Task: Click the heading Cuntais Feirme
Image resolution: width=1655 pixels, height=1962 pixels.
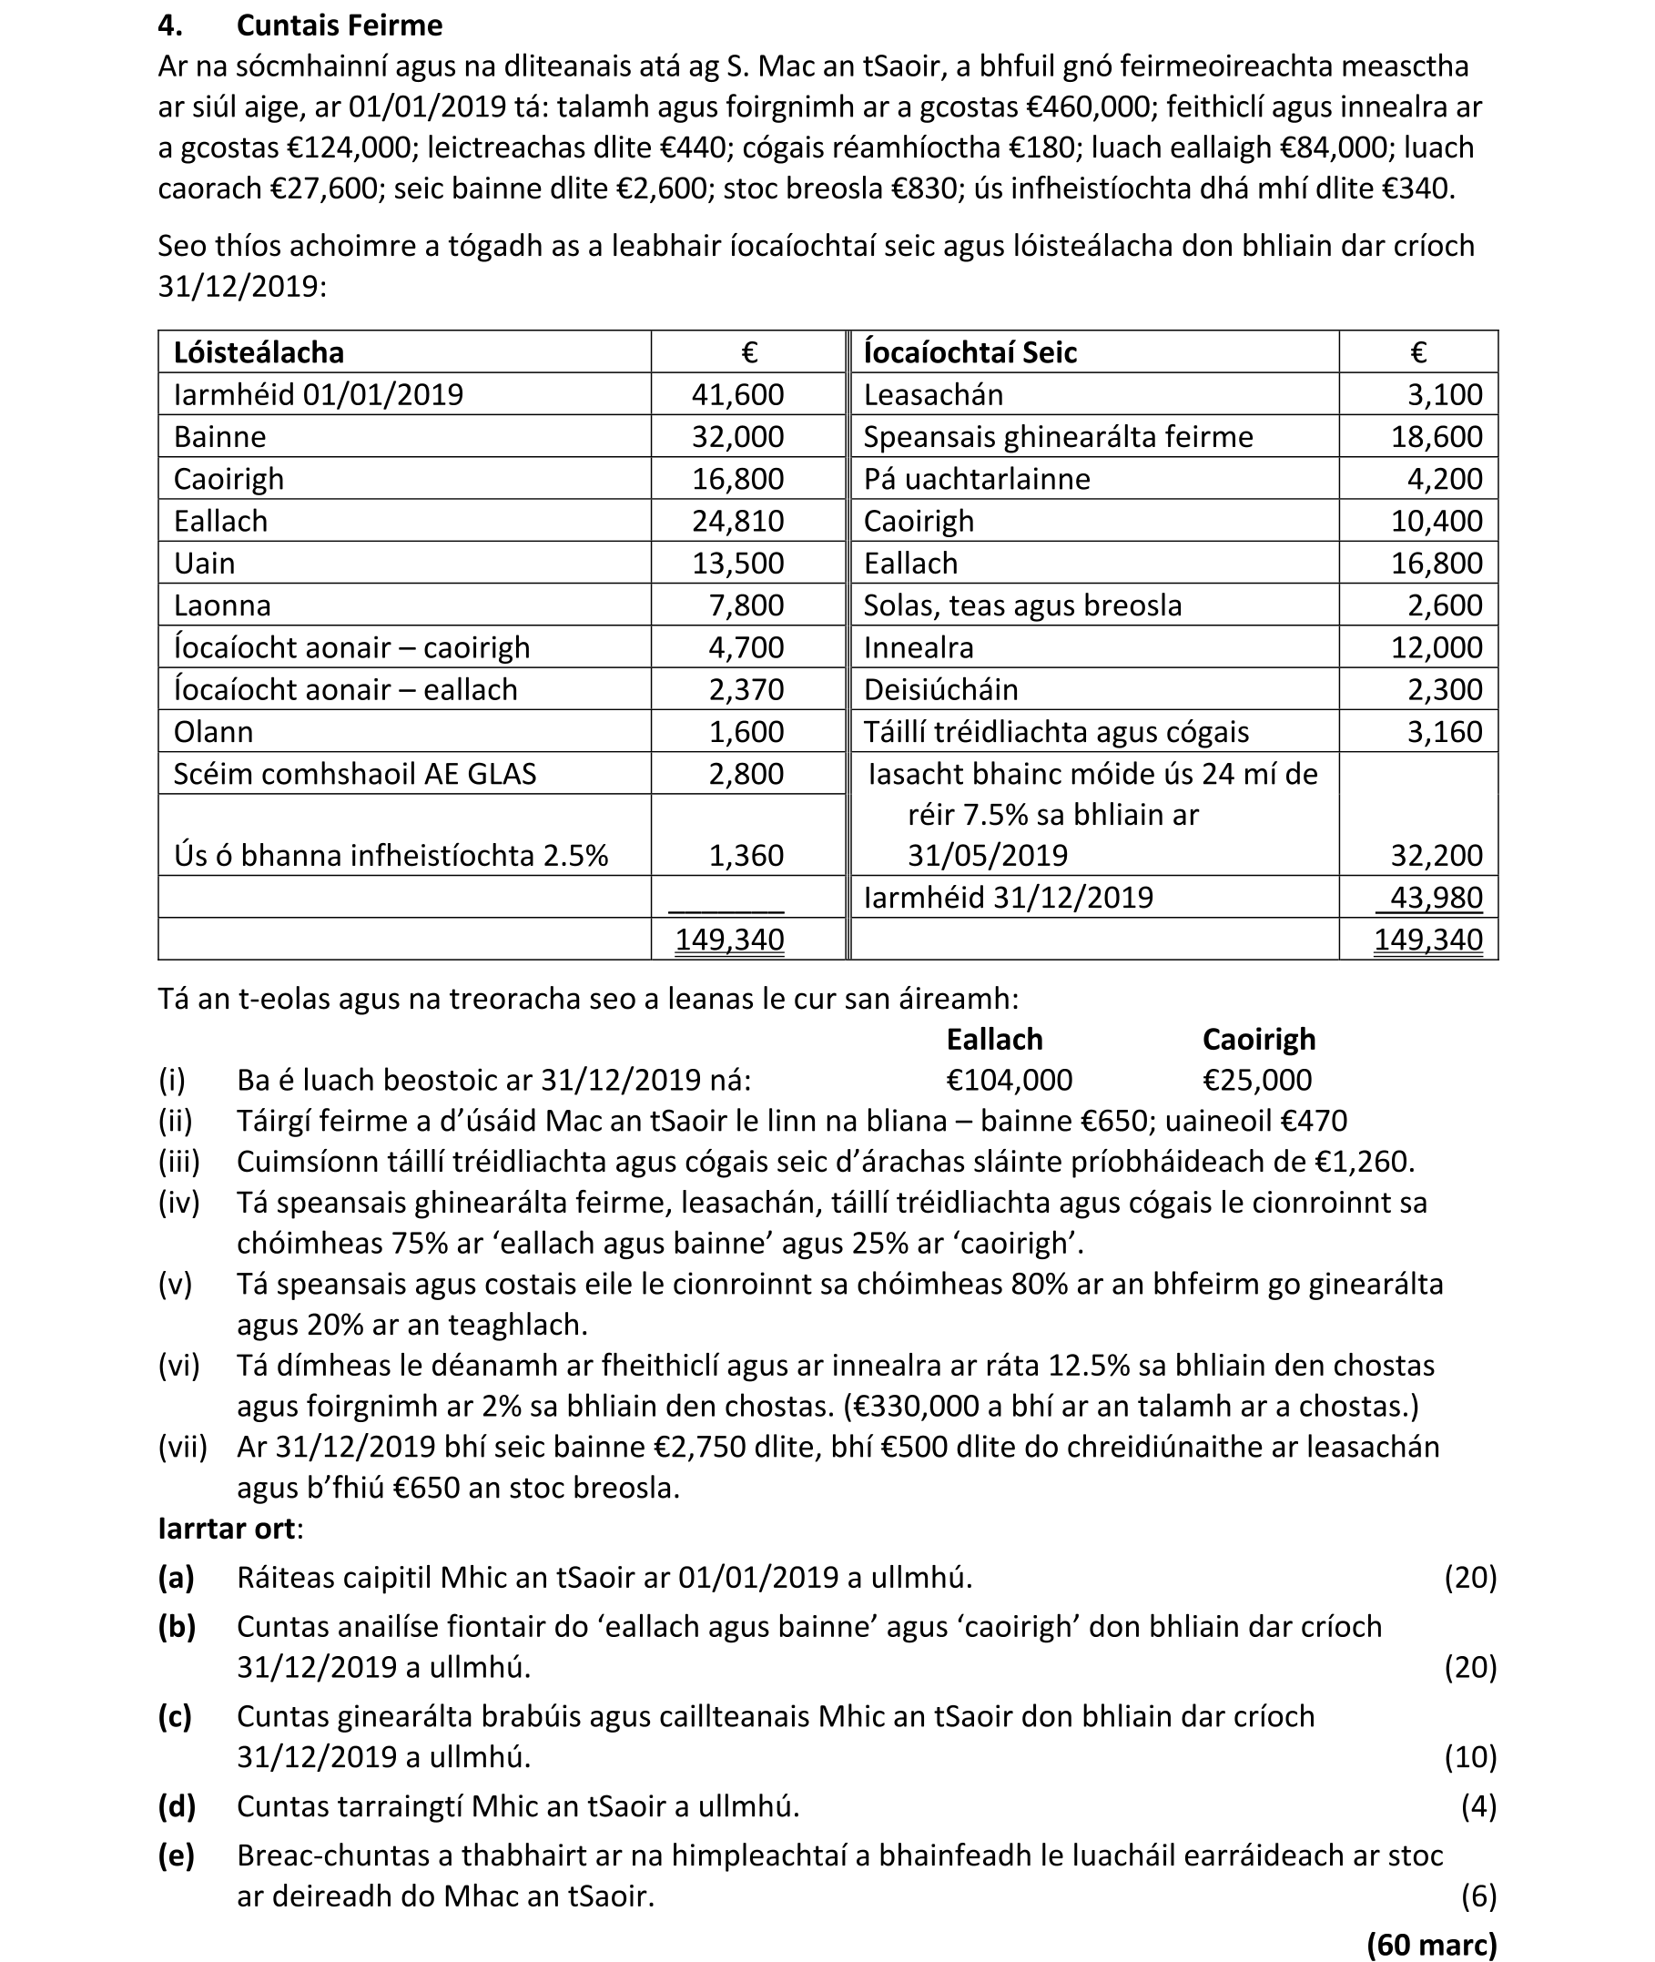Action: (339, 25)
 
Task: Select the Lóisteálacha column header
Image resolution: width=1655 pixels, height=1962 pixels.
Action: (258, 353)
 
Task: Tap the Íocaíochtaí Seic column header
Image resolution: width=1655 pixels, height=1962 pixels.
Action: (970, 353)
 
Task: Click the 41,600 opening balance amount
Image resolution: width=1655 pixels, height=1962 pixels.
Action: (737, 394)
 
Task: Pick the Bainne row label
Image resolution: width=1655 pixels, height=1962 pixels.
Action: (219, 437)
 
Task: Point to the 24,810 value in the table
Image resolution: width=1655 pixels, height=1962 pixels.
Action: (737, 521)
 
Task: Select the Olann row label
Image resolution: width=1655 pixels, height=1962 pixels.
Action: (213, 732)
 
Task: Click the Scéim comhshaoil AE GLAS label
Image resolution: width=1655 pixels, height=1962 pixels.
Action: (355, 774)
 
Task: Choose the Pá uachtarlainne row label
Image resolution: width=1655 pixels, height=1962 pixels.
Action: (977, 480)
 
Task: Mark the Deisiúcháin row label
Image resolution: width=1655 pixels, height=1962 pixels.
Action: (940, 689)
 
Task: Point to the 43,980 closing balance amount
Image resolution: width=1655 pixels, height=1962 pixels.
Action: (1436, 898)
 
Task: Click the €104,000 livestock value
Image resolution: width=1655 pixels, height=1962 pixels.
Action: (1009, 1081)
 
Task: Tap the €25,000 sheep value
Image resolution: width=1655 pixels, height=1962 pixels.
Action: (1257, 1081)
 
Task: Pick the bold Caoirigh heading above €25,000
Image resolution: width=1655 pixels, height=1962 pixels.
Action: (1258, 1040)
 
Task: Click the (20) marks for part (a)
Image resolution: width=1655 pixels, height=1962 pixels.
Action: (1470, 1578)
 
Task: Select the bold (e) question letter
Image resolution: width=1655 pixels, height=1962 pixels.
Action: (177, 1855)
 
